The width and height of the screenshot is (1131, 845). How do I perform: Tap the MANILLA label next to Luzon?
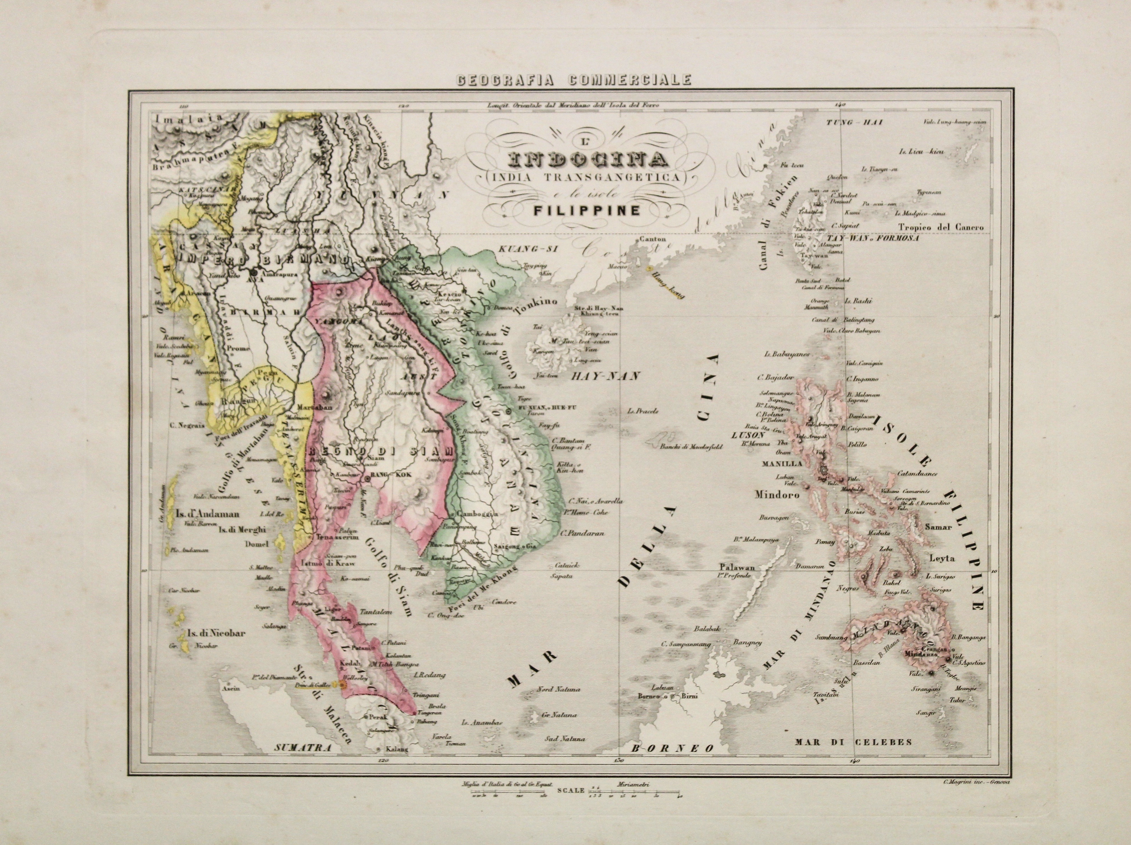[x=776, y=464]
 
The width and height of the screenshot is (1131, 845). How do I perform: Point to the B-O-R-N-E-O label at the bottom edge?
[x=672, y=762]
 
